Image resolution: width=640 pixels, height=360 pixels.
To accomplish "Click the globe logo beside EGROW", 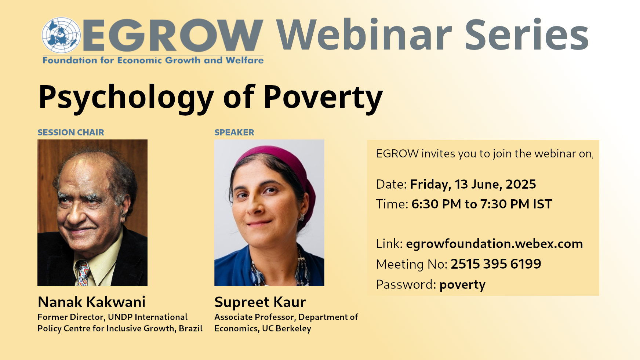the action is coord(61,35).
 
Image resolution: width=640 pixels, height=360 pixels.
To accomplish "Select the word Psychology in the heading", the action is coord(126,97).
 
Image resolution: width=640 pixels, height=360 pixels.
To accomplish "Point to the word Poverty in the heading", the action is coord(323,97).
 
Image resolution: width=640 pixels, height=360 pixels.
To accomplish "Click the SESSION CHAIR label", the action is coord(71,132).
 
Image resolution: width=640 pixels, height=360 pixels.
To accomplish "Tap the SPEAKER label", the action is coord(234,132).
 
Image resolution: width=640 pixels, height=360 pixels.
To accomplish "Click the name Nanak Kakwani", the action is coord(92,302).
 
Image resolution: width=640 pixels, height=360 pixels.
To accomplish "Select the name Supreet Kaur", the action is coord(260,302).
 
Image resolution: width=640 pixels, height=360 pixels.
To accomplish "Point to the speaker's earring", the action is coord(302,217).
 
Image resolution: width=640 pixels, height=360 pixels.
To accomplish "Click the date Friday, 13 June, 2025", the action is coord(473,184).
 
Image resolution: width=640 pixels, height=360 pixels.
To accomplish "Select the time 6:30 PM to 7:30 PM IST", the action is coord(482,204).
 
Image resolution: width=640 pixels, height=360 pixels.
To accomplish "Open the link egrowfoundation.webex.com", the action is coord(494,244).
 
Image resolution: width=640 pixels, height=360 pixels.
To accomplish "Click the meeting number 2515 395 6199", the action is coord(496,264).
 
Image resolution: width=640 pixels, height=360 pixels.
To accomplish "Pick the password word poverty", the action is coord(462,285).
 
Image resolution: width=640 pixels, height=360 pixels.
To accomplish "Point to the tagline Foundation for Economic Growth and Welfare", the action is coord(153,60).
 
